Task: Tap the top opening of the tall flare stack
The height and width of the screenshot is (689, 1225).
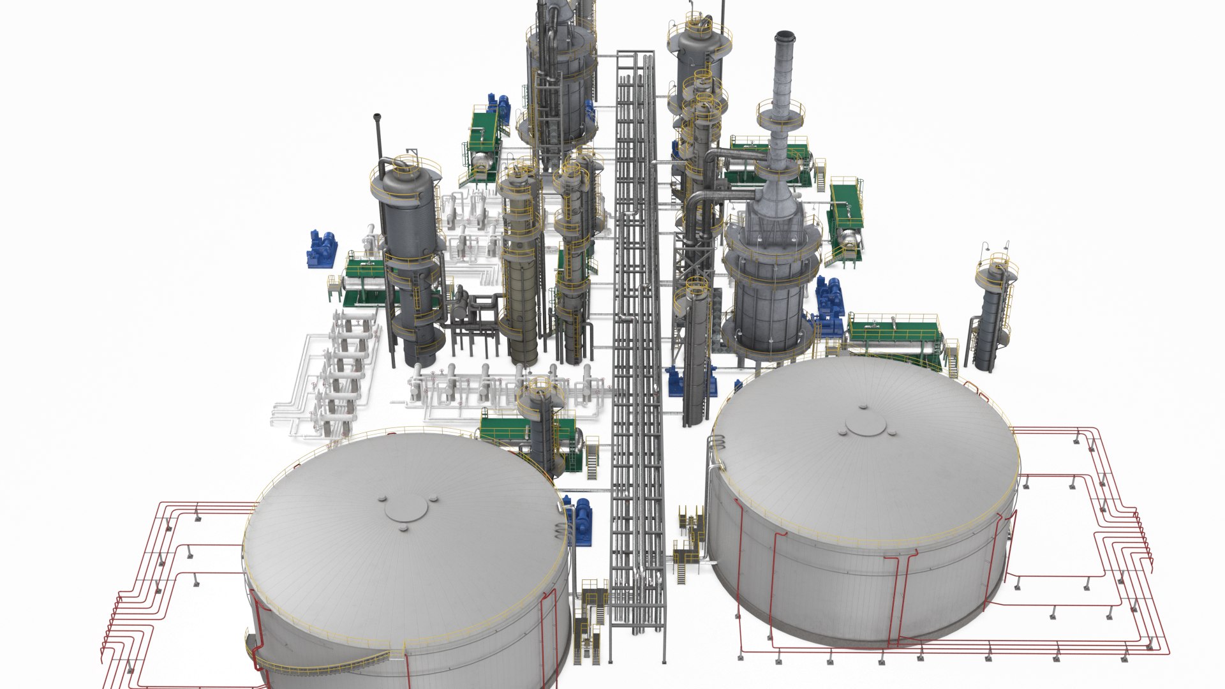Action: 782,36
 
